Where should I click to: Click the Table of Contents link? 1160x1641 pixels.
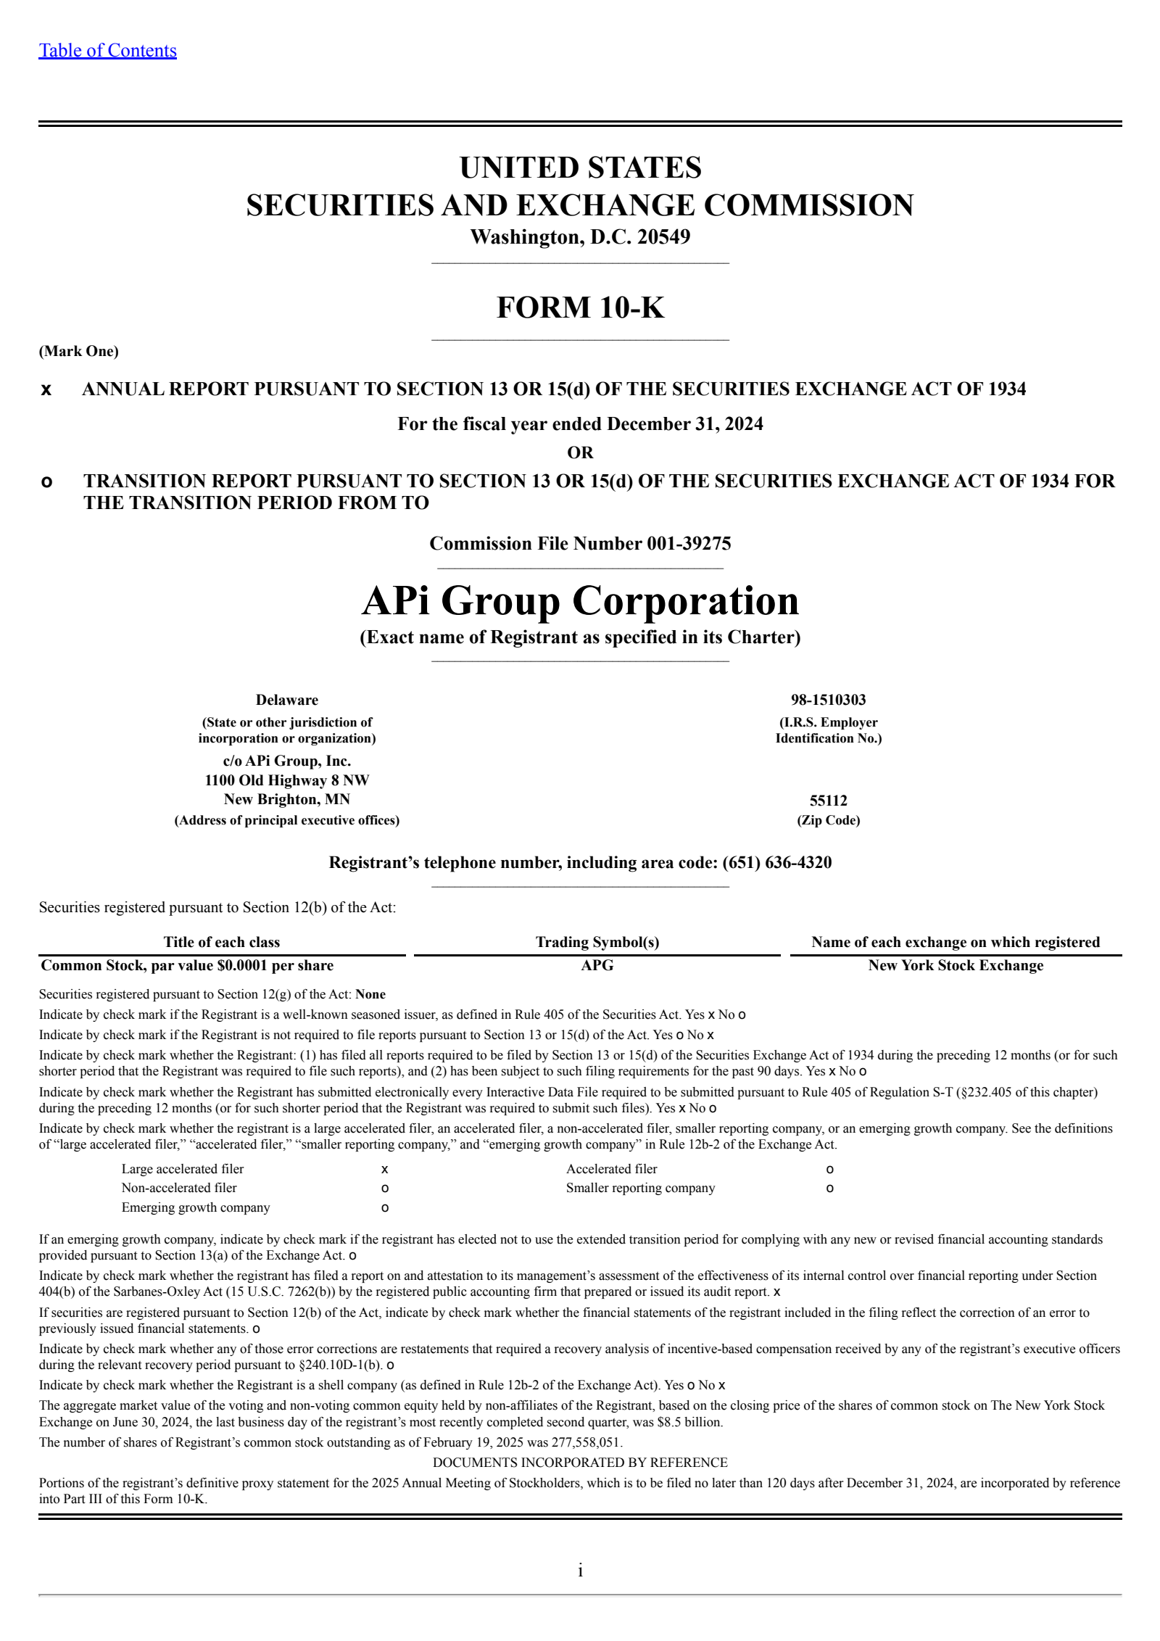[x=107, y=51]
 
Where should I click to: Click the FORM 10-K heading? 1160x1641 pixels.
[x=580, y=307]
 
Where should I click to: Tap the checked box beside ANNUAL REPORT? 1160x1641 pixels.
[x=46, y=390]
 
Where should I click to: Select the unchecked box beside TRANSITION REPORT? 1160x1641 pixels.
[x=46, y=482]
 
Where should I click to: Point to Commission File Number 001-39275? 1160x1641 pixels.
[x=580, y=544]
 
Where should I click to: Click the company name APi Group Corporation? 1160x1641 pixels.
[x=580, y=601]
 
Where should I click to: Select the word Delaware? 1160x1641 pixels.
[x=286, y=700]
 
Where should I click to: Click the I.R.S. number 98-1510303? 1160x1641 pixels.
[x=828, y=700]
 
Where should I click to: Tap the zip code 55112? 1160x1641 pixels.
[x=828, y=801]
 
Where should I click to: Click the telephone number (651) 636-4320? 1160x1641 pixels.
[x=776, y=863]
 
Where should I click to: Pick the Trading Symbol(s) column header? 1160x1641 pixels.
[x=597, y=942]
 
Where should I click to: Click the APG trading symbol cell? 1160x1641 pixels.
[x=597, y=965]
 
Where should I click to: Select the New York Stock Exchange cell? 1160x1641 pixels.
[x=956, y=965]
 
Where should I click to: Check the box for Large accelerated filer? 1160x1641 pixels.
[x=385, y=1170]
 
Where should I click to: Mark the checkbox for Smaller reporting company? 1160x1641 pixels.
[x=830, y=1189]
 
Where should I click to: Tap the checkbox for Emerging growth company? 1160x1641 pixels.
[x=385, y=1208]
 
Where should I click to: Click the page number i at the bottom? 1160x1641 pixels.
[x=580, y=1571]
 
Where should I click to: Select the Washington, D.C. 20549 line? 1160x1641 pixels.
[x=580, y=237]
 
